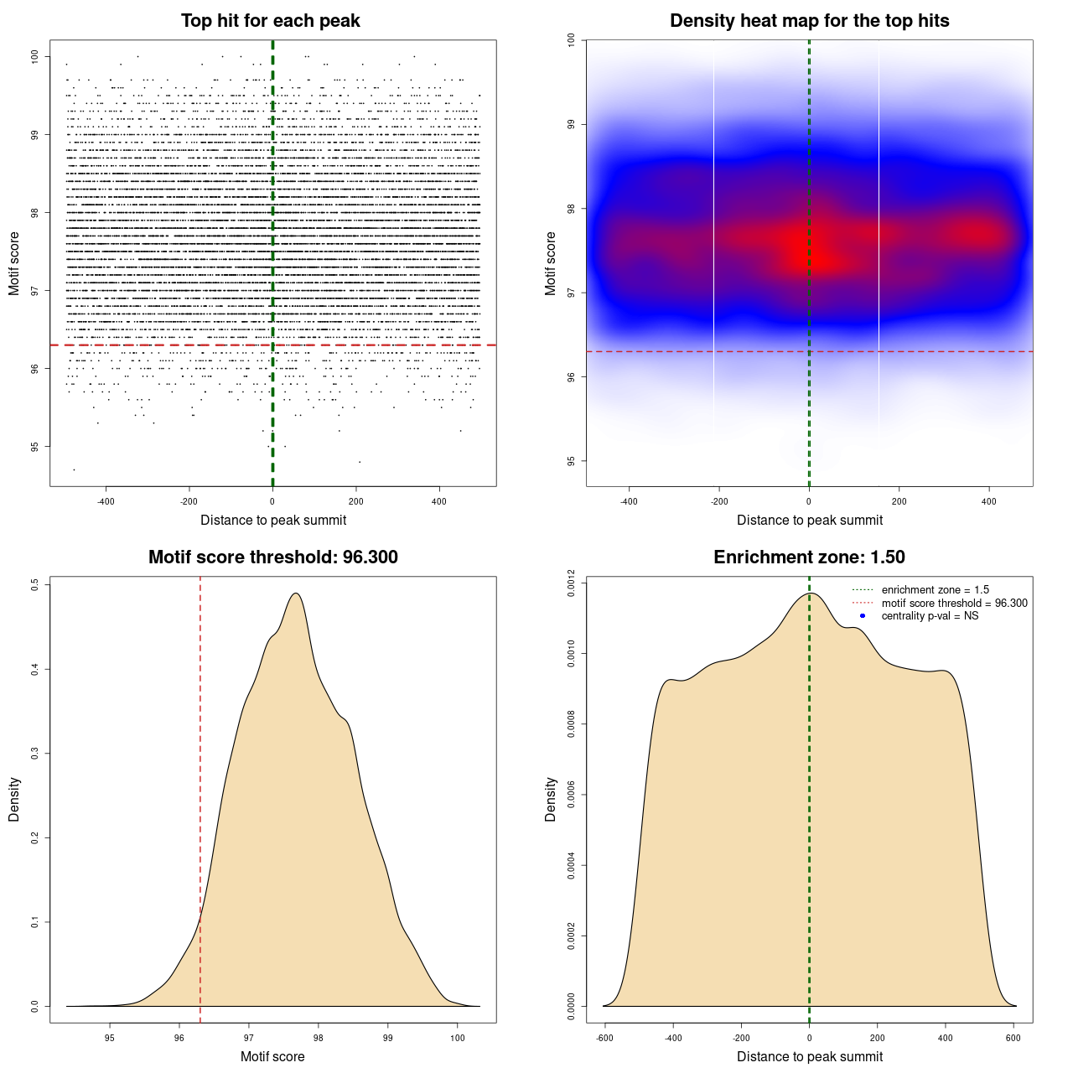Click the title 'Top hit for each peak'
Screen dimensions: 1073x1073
tap(271, 21)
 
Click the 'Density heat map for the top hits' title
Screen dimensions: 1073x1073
tap(809, 21)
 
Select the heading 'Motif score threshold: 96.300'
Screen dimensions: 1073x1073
tap(272, 557)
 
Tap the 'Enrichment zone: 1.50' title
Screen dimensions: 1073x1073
tap(809, 557)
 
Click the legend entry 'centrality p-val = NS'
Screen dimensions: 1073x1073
tap(930, 616)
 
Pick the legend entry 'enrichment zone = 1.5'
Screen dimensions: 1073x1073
tap(935, 590)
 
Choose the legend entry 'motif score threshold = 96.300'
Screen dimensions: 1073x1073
tap(954, 604)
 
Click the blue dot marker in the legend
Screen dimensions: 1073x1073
tap(863, 616)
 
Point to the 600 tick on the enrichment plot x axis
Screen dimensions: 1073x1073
tap(1013, 1038)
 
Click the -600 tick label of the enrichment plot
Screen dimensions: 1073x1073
tap(604, 1038)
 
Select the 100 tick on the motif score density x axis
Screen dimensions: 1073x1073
tap(457, 1038)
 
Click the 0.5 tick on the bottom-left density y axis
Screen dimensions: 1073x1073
tap(35, 585)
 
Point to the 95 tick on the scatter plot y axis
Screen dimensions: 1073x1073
tap(35, 447)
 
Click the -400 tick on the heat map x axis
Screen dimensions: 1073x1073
tap(629, 501)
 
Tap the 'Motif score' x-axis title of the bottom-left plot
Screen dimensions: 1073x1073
tap(272, 1056)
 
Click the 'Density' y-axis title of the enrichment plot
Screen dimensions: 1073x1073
tap(551, 799)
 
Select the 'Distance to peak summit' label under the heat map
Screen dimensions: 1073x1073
tap(809, 520)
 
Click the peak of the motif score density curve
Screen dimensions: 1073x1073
tap(295, 594)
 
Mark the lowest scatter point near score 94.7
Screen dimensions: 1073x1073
tap(74, 469)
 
